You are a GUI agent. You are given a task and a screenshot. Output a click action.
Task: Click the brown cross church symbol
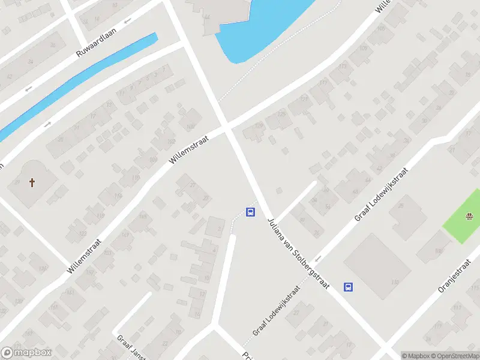(32, 182)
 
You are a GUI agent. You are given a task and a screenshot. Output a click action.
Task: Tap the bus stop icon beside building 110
(348, 287)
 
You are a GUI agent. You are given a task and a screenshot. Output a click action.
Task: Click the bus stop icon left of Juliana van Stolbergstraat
(250, 212)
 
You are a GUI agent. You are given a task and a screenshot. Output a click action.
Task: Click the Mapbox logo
(26, 353)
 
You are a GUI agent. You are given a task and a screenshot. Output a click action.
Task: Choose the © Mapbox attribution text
(415, 356)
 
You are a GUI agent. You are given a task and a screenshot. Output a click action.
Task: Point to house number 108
(191, 127)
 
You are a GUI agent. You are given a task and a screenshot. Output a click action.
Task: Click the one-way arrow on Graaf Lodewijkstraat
(319, 258)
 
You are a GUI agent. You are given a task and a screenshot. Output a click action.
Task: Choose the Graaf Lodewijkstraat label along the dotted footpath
(276, 310)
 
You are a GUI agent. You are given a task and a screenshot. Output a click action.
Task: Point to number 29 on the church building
(16, 182)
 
